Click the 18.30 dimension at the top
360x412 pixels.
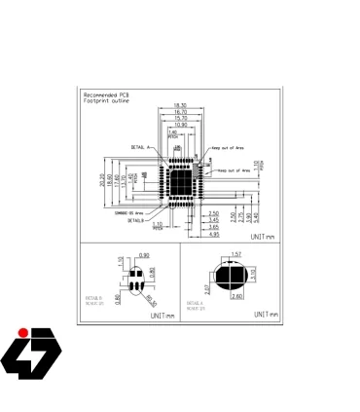coord(180,104)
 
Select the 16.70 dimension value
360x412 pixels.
coord(180,111)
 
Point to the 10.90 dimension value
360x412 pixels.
coord(180,125)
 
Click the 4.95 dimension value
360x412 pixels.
coord(213,234)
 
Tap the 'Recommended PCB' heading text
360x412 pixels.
coord(106,94)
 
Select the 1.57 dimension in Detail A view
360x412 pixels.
coord(234,255)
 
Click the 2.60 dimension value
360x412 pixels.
coord(235,295)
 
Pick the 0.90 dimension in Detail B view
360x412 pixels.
coord(143,255)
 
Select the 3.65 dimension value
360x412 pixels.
coord(213,226)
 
